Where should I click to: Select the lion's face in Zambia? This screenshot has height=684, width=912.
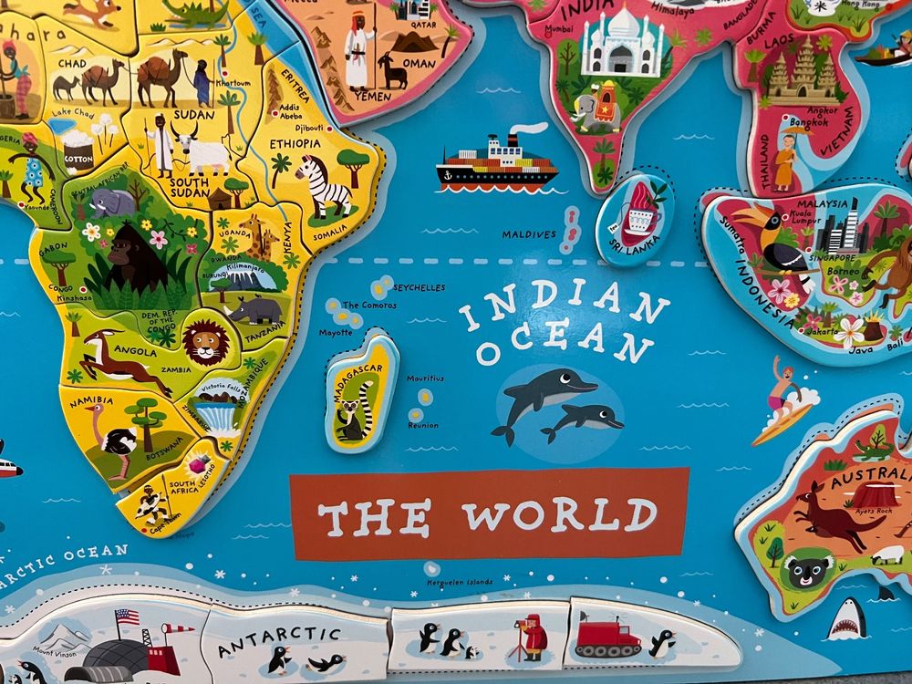[x=206, y=342]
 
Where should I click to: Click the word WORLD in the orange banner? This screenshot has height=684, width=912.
[x=559, y=515]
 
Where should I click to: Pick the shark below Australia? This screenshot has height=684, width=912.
[x=846, y=620]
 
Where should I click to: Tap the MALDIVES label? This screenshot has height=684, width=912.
[x=528, y=234]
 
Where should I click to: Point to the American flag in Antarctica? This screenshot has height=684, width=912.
[x=127, y=618]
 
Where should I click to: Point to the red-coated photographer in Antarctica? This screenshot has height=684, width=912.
[x=531, y=636]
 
